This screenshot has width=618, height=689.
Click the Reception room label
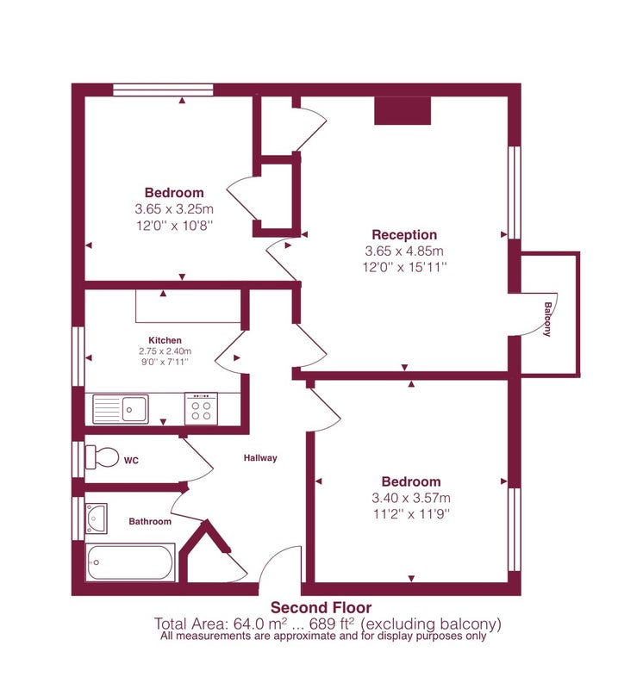pos(404,234)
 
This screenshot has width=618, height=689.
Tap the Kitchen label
pos(165,340)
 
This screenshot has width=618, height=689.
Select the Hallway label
pos(260,458)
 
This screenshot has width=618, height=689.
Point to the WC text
pos(131,461)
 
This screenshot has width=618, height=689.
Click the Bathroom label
pos(150,522)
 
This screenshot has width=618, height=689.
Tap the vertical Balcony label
pos(547,319)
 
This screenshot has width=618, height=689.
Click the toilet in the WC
pos(102,457)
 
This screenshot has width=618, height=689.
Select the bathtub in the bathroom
pos(130,562)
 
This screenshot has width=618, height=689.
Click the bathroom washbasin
pos(97,518)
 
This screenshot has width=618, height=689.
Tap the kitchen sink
pos(121,409)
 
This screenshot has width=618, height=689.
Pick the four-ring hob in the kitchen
pos(201,408)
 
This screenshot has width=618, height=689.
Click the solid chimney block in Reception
pos(403,110)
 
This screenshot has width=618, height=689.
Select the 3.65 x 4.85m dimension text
pos(404,251)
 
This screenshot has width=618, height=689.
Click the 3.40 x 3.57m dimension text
pos(411,498)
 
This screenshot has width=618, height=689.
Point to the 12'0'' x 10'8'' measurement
pos(175,226)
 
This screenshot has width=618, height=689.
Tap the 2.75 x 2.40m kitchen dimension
pos(165,351)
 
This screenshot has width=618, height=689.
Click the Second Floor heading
pos(321,608)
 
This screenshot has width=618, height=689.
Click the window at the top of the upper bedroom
pos(163,90)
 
